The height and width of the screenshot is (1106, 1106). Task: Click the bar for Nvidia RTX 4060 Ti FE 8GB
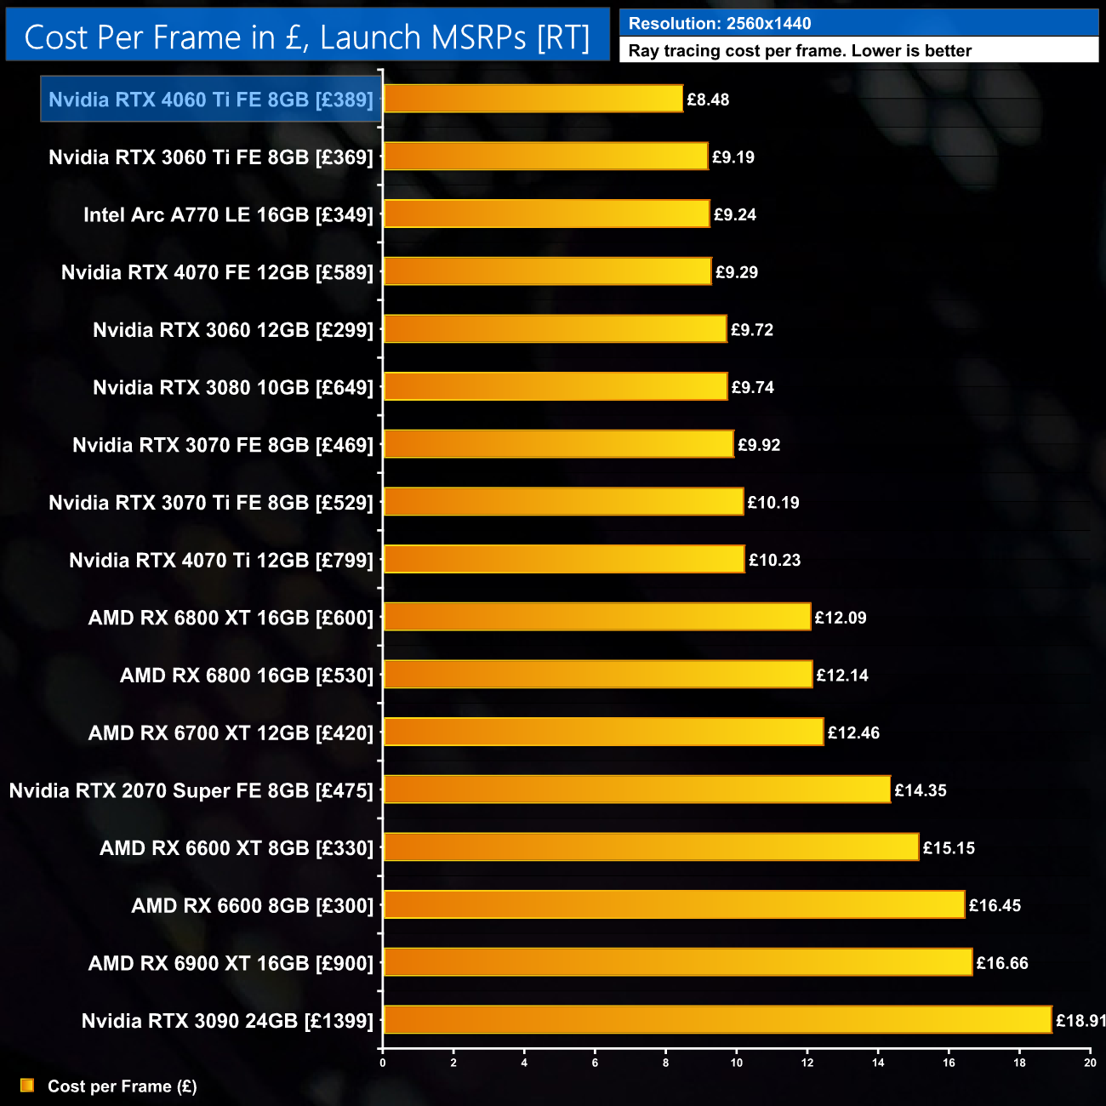tap(533, 99)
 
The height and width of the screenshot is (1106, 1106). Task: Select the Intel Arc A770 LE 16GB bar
tap(546, 214)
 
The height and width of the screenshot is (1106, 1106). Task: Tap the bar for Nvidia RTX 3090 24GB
tap(717, 1020)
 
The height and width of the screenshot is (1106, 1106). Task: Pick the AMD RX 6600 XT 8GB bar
tap(651, 847)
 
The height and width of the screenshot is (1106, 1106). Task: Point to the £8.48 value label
tap(708, 100)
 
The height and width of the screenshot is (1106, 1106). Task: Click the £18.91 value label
tap(1080, 1021)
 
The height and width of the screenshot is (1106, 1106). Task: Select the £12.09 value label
tap(841, 618)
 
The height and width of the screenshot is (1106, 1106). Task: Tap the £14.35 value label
tap(921, 790)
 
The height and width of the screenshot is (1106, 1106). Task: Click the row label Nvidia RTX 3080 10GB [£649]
tap(233, 388)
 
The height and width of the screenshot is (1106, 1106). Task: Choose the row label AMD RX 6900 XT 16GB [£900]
tap(231, 963)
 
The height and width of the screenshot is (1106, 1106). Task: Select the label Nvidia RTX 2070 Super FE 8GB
tap(191, 790)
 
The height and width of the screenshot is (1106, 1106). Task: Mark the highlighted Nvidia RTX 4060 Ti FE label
tap(211, 100)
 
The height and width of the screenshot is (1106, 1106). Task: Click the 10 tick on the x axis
tap(737, 1062)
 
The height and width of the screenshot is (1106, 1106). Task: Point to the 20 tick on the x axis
tap(1090, 1062)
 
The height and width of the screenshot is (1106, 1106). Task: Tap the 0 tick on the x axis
tap(383, 1062)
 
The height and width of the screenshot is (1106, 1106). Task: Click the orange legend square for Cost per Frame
tap(27, 1086)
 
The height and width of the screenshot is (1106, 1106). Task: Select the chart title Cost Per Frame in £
tap(307, 37)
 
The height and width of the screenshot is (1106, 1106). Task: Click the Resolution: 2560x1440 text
tap(720, 24)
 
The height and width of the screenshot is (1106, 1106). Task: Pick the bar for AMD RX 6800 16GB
tap(598, 675)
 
